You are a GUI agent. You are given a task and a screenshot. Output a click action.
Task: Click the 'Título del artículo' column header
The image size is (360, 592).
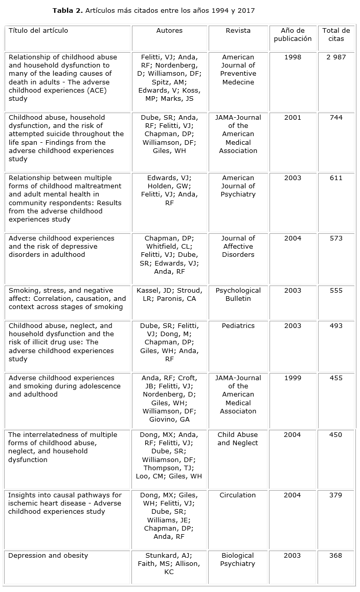point(38,31)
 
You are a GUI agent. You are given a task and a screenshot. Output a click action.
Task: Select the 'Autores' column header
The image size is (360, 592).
point(169,31)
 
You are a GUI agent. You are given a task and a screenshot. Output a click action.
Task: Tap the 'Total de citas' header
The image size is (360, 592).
point(336,35)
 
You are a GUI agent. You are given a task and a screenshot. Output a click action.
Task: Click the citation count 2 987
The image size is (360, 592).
point(336,57)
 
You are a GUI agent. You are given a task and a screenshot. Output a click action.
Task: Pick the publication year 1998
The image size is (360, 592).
point(292,57)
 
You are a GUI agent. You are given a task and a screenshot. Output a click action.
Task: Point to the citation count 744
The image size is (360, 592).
point(336,118)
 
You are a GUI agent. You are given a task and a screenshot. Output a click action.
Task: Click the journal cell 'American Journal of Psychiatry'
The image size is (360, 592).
point(238,186)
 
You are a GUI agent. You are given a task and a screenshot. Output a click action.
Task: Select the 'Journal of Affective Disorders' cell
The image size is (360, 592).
point(238,247)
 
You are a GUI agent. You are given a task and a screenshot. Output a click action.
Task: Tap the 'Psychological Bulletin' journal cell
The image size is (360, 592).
point(238,295)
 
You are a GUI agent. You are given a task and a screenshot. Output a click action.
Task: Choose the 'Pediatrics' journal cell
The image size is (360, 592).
point(238,326)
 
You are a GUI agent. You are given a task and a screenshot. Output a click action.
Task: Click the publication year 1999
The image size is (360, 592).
point(292,378)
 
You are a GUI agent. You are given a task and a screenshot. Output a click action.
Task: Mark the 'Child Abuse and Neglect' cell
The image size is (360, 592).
point(238,439)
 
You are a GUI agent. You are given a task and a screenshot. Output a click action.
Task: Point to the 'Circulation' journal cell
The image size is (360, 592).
point(238,495)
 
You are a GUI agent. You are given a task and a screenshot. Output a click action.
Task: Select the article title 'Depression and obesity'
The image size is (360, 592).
point(48,556)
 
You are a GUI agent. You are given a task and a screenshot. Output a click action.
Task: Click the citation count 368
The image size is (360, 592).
point(336,556)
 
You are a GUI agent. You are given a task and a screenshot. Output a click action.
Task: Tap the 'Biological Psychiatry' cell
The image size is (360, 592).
point(238,560)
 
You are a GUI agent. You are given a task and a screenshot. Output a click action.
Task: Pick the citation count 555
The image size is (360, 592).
point(336,291)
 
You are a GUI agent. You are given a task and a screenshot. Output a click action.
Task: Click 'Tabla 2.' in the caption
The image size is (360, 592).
point(69,10)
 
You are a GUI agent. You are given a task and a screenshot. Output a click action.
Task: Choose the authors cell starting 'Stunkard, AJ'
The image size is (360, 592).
point(169,564)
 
